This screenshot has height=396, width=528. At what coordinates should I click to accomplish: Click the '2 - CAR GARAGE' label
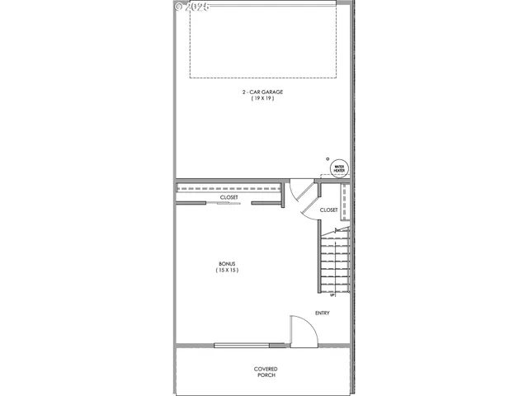click(263, 92)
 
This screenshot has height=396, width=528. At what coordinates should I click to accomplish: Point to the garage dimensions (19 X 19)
click(263, 99)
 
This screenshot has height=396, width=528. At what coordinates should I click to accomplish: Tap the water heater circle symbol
click(338, 168)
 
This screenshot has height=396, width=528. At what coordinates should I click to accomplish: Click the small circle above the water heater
click(327, 158)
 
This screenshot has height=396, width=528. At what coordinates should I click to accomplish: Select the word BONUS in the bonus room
click(227, 263)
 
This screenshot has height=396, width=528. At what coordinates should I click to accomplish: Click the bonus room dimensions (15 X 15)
click(227, 270)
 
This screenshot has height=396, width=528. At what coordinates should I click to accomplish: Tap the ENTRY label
click(323, 313)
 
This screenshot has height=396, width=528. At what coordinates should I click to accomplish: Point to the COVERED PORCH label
click(265, 371)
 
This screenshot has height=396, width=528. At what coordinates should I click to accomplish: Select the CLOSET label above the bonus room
click(229, 198)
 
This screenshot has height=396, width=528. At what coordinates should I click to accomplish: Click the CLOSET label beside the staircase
click(328, 210)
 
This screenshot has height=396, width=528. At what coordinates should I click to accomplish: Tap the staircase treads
click(335, 260)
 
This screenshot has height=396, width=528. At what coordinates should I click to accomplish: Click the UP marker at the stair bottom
click(332, 295)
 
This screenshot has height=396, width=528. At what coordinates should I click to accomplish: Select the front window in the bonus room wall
click(241, 345)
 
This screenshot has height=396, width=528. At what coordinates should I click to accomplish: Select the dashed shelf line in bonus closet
click(231, 188)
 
